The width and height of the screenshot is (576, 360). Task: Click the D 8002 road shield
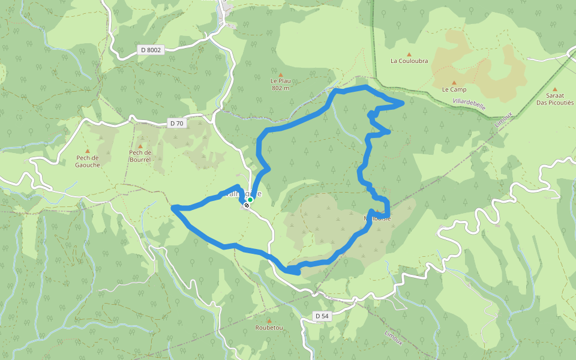point(149,50)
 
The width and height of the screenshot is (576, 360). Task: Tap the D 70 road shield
point(176,123)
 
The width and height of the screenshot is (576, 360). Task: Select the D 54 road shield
point(322,316)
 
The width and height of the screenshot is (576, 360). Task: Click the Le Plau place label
point(280,80)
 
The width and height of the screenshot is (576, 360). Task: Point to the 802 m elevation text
point(280,88)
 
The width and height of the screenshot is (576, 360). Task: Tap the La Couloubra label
point(409,61)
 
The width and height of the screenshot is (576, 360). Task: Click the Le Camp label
point(454,89)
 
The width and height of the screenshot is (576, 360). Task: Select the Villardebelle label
point(469,104)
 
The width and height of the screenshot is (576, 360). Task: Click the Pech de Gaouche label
point(87,161)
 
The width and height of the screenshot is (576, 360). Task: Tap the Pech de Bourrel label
point(140,156)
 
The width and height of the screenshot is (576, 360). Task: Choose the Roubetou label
point(269,328)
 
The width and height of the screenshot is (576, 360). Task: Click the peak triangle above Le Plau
point(280,74)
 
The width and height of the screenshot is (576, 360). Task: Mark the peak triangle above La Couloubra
point(409,54)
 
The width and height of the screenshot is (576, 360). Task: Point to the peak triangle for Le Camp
point(454,83)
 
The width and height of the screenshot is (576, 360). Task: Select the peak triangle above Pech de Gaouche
point(87,151)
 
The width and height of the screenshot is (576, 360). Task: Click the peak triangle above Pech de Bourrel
point(140,146)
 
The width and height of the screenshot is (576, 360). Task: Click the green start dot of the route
point(250,200)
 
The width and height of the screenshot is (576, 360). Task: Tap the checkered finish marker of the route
point(246,205)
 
